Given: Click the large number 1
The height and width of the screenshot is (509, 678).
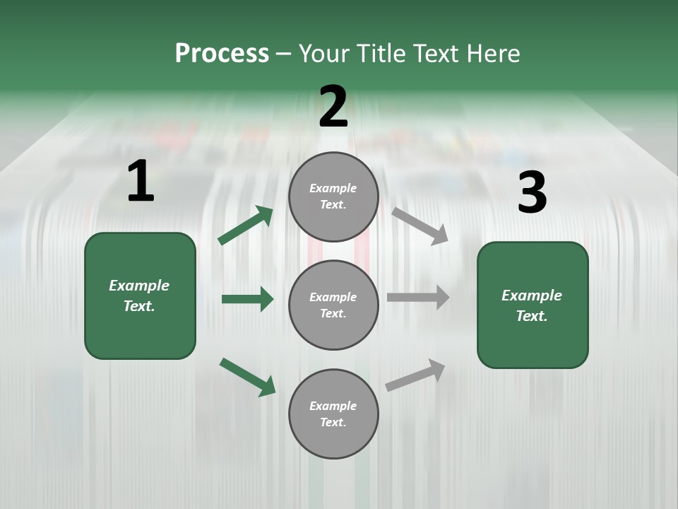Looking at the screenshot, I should (141, 182).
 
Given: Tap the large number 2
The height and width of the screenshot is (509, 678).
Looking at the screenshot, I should (333, 107).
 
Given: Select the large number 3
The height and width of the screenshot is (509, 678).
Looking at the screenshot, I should (532, 193).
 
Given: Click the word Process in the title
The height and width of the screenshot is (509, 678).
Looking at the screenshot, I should (222, 54).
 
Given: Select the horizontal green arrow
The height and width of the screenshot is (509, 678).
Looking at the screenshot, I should (247, 299).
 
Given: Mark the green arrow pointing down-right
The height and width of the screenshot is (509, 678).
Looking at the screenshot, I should (247, 377).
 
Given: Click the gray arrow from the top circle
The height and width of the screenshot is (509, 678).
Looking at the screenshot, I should (420, 226).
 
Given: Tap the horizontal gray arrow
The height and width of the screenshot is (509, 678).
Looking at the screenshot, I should (418, 297).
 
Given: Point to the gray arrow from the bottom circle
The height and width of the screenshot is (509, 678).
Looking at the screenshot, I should (415, 375).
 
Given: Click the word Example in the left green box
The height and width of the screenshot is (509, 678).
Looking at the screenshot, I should (139, 286).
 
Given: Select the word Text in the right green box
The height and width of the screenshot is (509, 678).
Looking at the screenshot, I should (530, 317).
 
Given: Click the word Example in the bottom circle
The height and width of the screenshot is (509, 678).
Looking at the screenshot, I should (333, 406).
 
